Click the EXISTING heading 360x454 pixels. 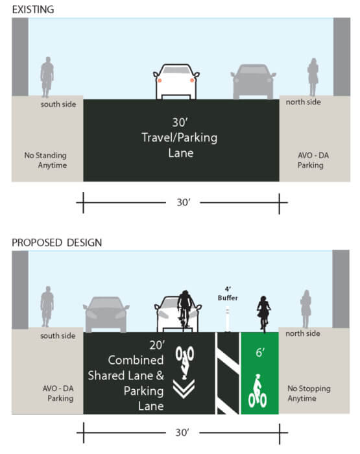click(x=33, y=10)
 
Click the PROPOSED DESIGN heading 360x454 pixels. click(x=57, y=243)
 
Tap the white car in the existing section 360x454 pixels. click(x=176, y=82)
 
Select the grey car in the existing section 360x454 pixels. click(x=253, y=82)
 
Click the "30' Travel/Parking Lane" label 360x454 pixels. click(x=180, y=137)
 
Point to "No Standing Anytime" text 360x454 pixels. click(x=45, y=160)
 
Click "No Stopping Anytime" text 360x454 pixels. click(x=309, y=393)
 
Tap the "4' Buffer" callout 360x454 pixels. click(x=228, y=294)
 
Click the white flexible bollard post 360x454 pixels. click(x=228, y=320)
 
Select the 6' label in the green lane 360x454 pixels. click(x=260, y=352)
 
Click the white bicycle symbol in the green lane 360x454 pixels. click(x=258, y=391)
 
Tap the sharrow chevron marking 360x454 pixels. click(x=184, y=389)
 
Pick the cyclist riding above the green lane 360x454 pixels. click(x=263, y=314)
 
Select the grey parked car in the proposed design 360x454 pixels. click(x=106, y=315)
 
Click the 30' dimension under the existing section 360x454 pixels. click(x=184, y=202)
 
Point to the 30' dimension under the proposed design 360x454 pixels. click(x=182, y=433)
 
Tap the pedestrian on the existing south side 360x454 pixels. click(x=47, y=77)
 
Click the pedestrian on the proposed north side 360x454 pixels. click(x=306, y=309)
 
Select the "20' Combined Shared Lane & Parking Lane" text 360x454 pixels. click(x=126, y=376)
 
